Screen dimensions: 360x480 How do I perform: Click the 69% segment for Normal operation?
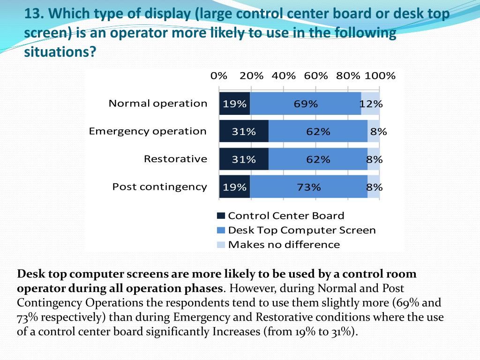306,104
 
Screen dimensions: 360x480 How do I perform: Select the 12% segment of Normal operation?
370,104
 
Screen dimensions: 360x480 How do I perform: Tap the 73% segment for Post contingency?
308,187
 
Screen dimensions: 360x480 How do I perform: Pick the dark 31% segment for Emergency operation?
244,131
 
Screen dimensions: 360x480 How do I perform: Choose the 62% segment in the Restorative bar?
318,159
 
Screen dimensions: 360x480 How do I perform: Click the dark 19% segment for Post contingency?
234,187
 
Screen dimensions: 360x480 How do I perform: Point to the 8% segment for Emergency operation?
374,131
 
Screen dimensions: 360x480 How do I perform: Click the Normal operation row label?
158,104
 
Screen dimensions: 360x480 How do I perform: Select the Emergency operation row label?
148,131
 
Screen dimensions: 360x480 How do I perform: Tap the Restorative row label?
175,159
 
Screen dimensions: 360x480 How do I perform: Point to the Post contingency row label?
159,187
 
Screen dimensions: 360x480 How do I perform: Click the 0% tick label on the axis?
219,76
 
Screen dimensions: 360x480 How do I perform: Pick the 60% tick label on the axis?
316,76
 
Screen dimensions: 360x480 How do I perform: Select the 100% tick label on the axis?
380,76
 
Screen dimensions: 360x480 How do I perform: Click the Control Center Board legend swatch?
221,216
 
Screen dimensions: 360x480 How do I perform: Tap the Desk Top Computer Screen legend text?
302,230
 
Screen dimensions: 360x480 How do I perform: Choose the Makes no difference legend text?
284,244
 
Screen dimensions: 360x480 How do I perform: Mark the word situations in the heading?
56,52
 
